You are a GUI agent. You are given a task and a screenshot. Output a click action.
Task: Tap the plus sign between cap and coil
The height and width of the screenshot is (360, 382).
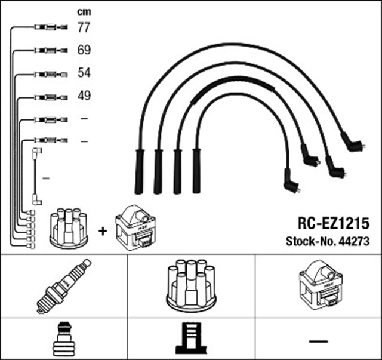click(103, 230)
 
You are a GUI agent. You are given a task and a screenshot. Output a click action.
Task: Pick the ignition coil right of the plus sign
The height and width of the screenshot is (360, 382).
click(135, 227)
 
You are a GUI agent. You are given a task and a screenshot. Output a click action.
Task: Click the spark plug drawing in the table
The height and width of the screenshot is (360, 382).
click(64, 285)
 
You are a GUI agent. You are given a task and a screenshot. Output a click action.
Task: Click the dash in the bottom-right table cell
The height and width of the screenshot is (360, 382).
click(319, 340)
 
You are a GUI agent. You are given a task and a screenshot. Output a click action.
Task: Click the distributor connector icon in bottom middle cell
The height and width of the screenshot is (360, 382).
click(191, 339)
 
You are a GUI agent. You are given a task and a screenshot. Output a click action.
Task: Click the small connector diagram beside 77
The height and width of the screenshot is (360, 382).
click(48, 27)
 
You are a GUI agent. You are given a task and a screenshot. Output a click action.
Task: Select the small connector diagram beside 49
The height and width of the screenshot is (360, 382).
click(48, 96)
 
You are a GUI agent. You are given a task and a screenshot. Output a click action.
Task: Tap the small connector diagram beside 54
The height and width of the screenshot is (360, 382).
click(48, 74)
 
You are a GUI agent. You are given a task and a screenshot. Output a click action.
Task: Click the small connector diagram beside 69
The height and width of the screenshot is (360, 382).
click(48, 51)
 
